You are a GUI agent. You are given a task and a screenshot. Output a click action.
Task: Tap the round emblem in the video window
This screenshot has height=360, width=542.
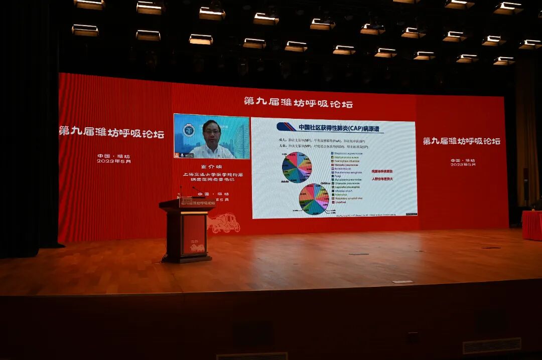click(x=189, y=130)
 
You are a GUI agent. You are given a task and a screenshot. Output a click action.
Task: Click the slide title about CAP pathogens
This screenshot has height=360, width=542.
click(x=331, y=128)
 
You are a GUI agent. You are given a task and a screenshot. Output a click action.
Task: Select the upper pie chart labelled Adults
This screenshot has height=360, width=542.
click(x=297, y=167)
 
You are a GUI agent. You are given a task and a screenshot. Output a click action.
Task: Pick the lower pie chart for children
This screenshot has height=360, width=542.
click(x=314, y=199)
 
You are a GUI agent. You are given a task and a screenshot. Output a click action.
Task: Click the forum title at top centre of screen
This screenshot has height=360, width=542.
click(x=298, y=103)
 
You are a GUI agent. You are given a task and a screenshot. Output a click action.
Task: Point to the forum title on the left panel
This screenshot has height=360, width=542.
click(x=111, y=133)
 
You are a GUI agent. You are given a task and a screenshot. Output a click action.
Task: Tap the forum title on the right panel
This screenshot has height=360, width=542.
click(x=461, y=141)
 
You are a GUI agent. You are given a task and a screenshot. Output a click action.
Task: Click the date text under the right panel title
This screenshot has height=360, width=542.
click(x=463, y=162)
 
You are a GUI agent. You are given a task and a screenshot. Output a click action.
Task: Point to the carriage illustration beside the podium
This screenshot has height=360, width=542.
click(x=224, y=223)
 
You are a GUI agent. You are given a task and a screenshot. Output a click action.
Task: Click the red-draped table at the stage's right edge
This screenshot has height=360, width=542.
click(x=532, y=225)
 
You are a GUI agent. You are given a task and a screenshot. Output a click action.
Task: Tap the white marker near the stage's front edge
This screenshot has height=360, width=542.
click(x=402, y=282)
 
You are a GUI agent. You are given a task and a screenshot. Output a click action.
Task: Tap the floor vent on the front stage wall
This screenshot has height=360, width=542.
click(x=491, y=345)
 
